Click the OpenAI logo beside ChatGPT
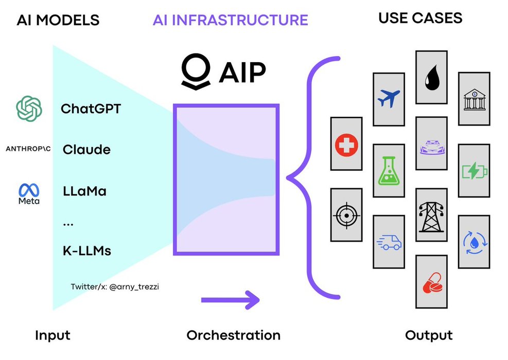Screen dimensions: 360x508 tap(29, 108)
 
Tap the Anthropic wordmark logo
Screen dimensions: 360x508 tap(29, 150)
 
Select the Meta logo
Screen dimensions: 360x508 tap(29, 194)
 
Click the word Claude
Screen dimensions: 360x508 tap(86, 150)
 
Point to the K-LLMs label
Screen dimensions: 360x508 tap(86, 251)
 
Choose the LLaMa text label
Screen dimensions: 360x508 tap(84, 191)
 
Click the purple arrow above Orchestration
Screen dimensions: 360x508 tap(230, 299)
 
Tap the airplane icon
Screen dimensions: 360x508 tap(389, 98)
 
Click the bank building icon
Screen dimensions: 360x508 tap(474, 99)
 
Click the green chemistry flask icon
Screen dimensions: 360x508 tap(389, 172)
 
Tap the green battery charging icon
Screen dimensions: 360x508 tap(474, 171)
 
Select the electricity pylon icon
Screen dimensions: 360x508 tap(431, 214)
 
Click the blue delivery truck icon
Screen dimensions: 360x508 tap(389, 241)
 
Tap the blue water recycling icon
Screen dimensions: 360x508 tap(474, 242)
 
